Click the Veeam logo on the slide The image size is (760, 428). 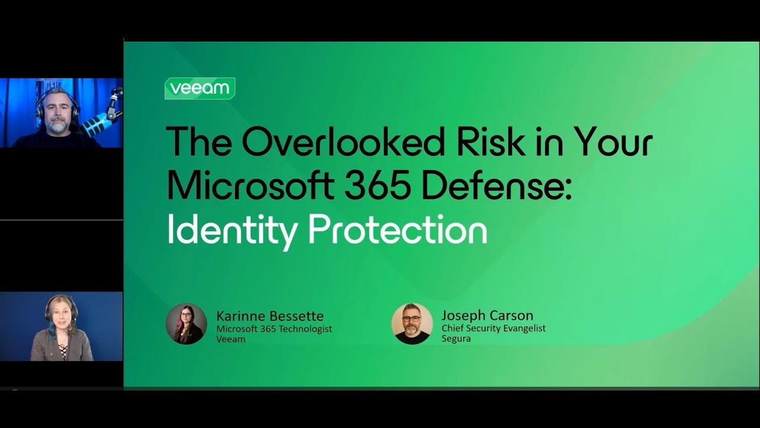tap(199, 89)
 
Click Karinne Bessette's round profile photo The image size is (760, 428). tap(186, 324)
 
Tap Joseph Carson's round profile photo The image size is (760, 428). tap(412, 324)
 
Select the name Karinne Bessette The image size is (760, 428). tap(270, 316)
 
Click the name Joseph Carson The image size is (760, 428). tap(487, 315)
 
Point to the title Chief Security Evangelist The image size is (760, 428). tap(493, 328)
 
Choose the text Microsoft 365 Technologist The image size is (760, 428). tap(274, 329)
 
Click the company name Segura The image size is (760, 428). tap(456, 338)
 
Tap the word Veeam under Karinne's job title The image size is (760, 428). tap(230, 339)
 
